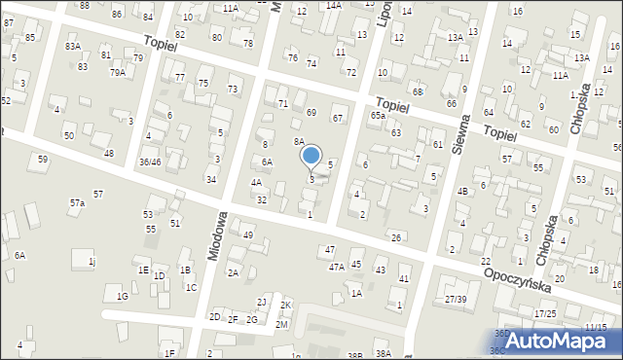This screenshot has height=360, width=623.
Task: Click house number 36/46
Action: pos(150,162)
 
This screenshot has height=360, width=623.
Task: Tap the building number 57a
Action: pos(77,203)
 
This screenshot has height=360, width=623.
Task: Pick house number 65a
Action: pos(377,116)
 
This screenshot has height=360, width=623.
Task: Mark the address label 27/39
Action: pos(456,299)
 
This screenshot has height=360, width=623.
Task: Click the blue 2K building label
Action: pos(285,306)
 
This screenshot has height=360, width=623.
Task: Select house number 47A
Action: pos(336,267)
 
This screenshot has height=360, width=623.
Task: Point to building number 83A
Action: pos(72,47)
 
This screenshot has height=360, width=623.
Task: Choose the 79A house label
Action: pos(117,73)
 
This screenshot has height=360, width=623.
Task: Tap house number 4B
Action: pos(463,191)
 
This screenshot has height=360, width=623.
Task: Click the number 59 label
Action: pos(42,159)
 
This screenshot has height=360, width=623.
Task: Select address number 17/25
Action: pos(545,313)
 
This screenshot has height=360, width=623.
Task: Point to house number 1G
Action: pos(123,296)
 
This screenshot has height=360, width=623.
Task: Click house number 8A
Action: pos(300,141)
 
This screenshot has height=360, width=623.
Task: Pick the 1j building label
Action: pos(92,261)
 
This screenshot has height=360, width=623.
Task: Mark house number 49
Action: pos(248,235)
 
